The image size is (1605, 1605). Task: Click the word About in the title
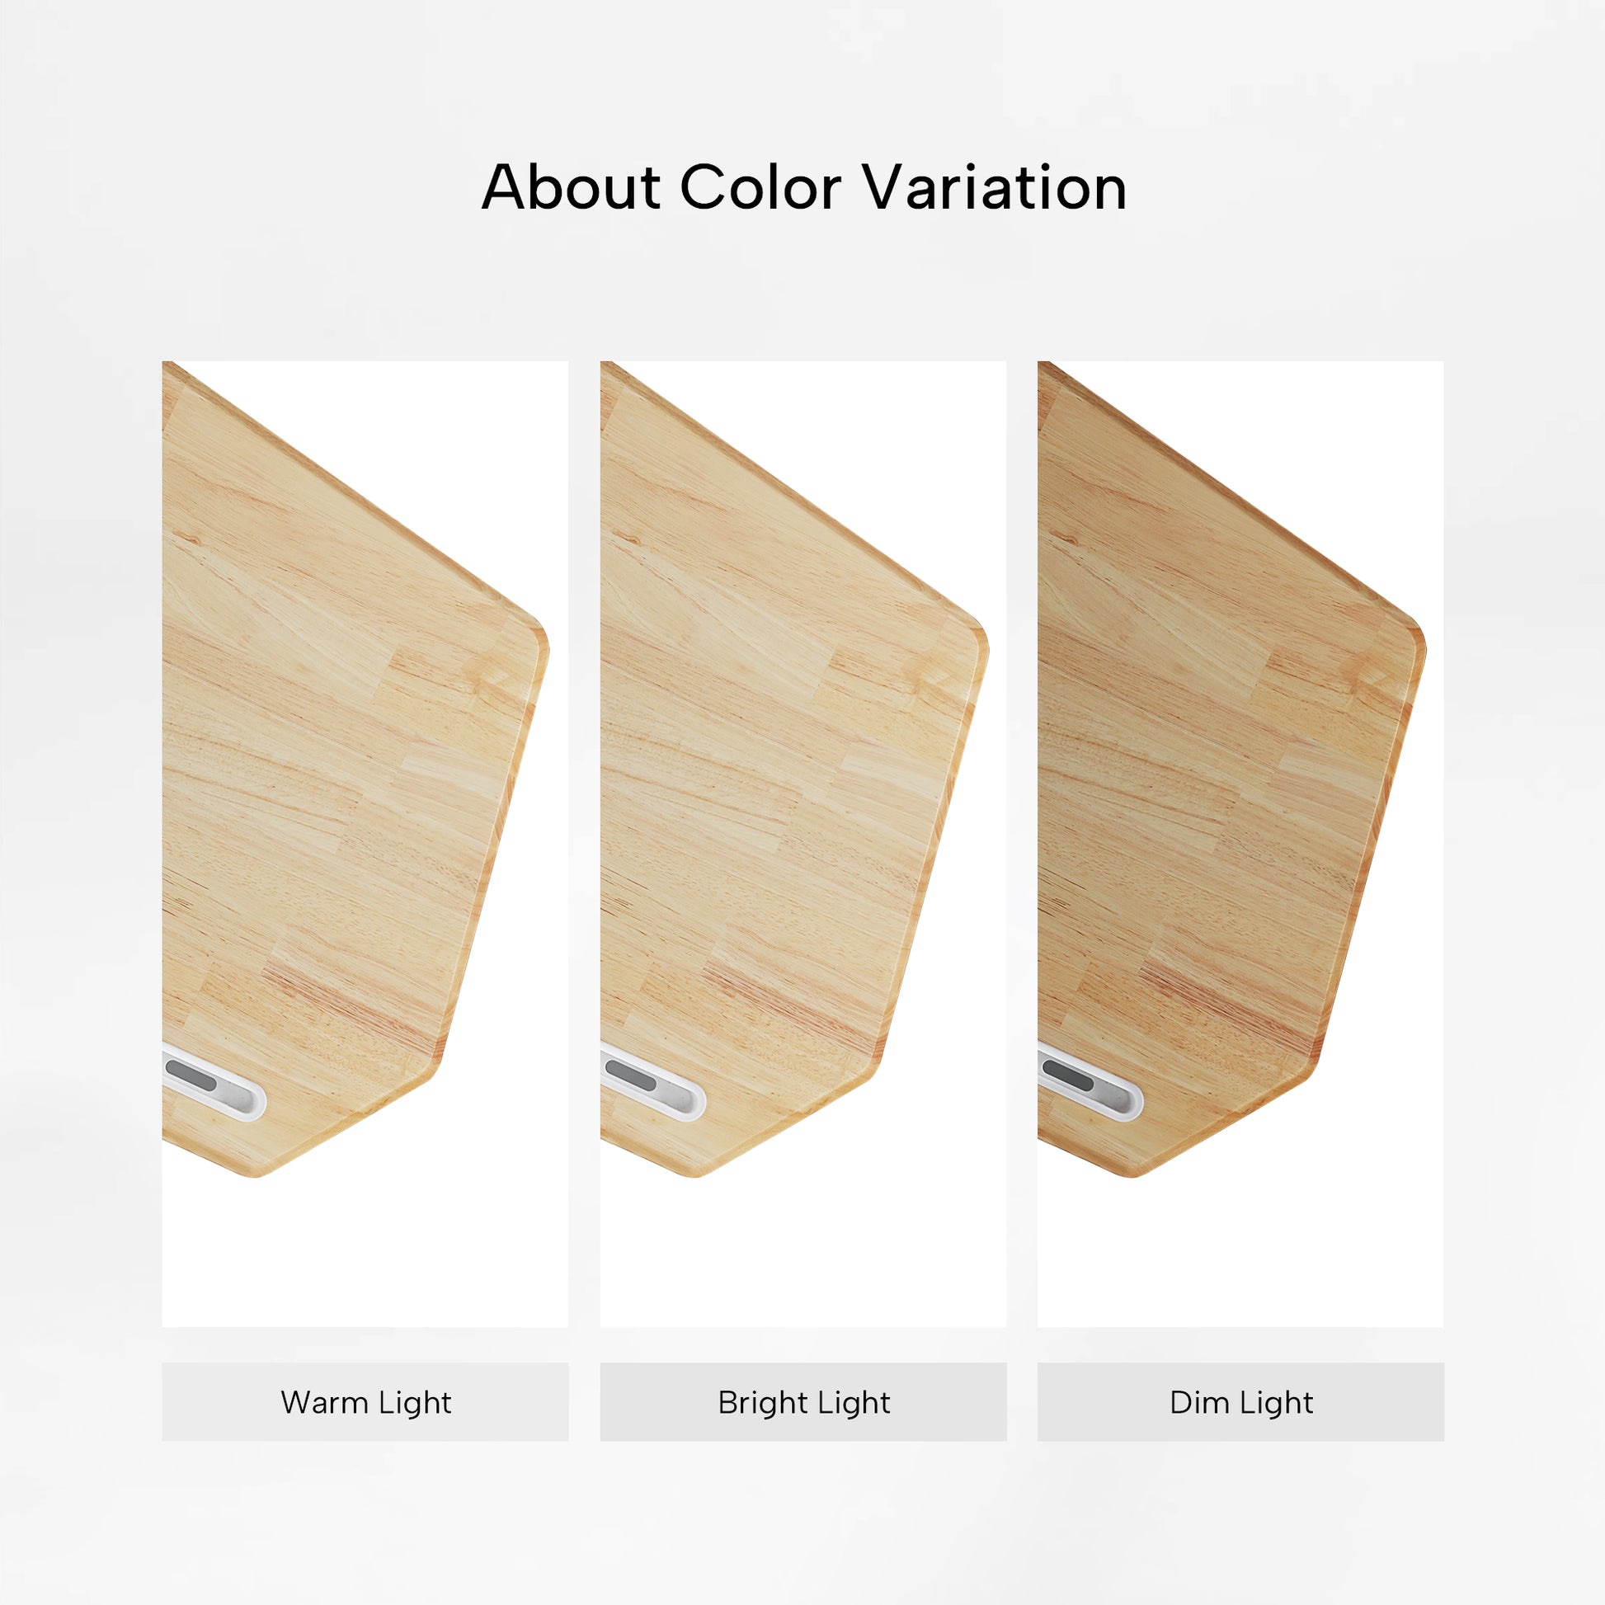571,187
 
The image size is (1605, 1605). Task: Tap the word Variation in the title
995,187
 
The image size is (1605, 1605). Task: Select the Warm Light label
365,1402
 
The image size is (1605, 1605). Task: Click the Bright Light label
803,1402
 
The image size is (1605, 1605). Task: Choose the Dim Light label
1241,1402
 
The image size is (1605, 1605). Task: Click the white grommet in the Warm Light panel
214,1083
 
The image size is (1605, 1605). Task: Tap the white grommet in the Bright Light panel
653,1083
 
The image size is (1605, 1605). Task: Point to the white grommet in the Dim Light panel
1090,1083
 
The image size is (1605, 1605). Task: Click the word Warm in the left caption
323,1402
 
